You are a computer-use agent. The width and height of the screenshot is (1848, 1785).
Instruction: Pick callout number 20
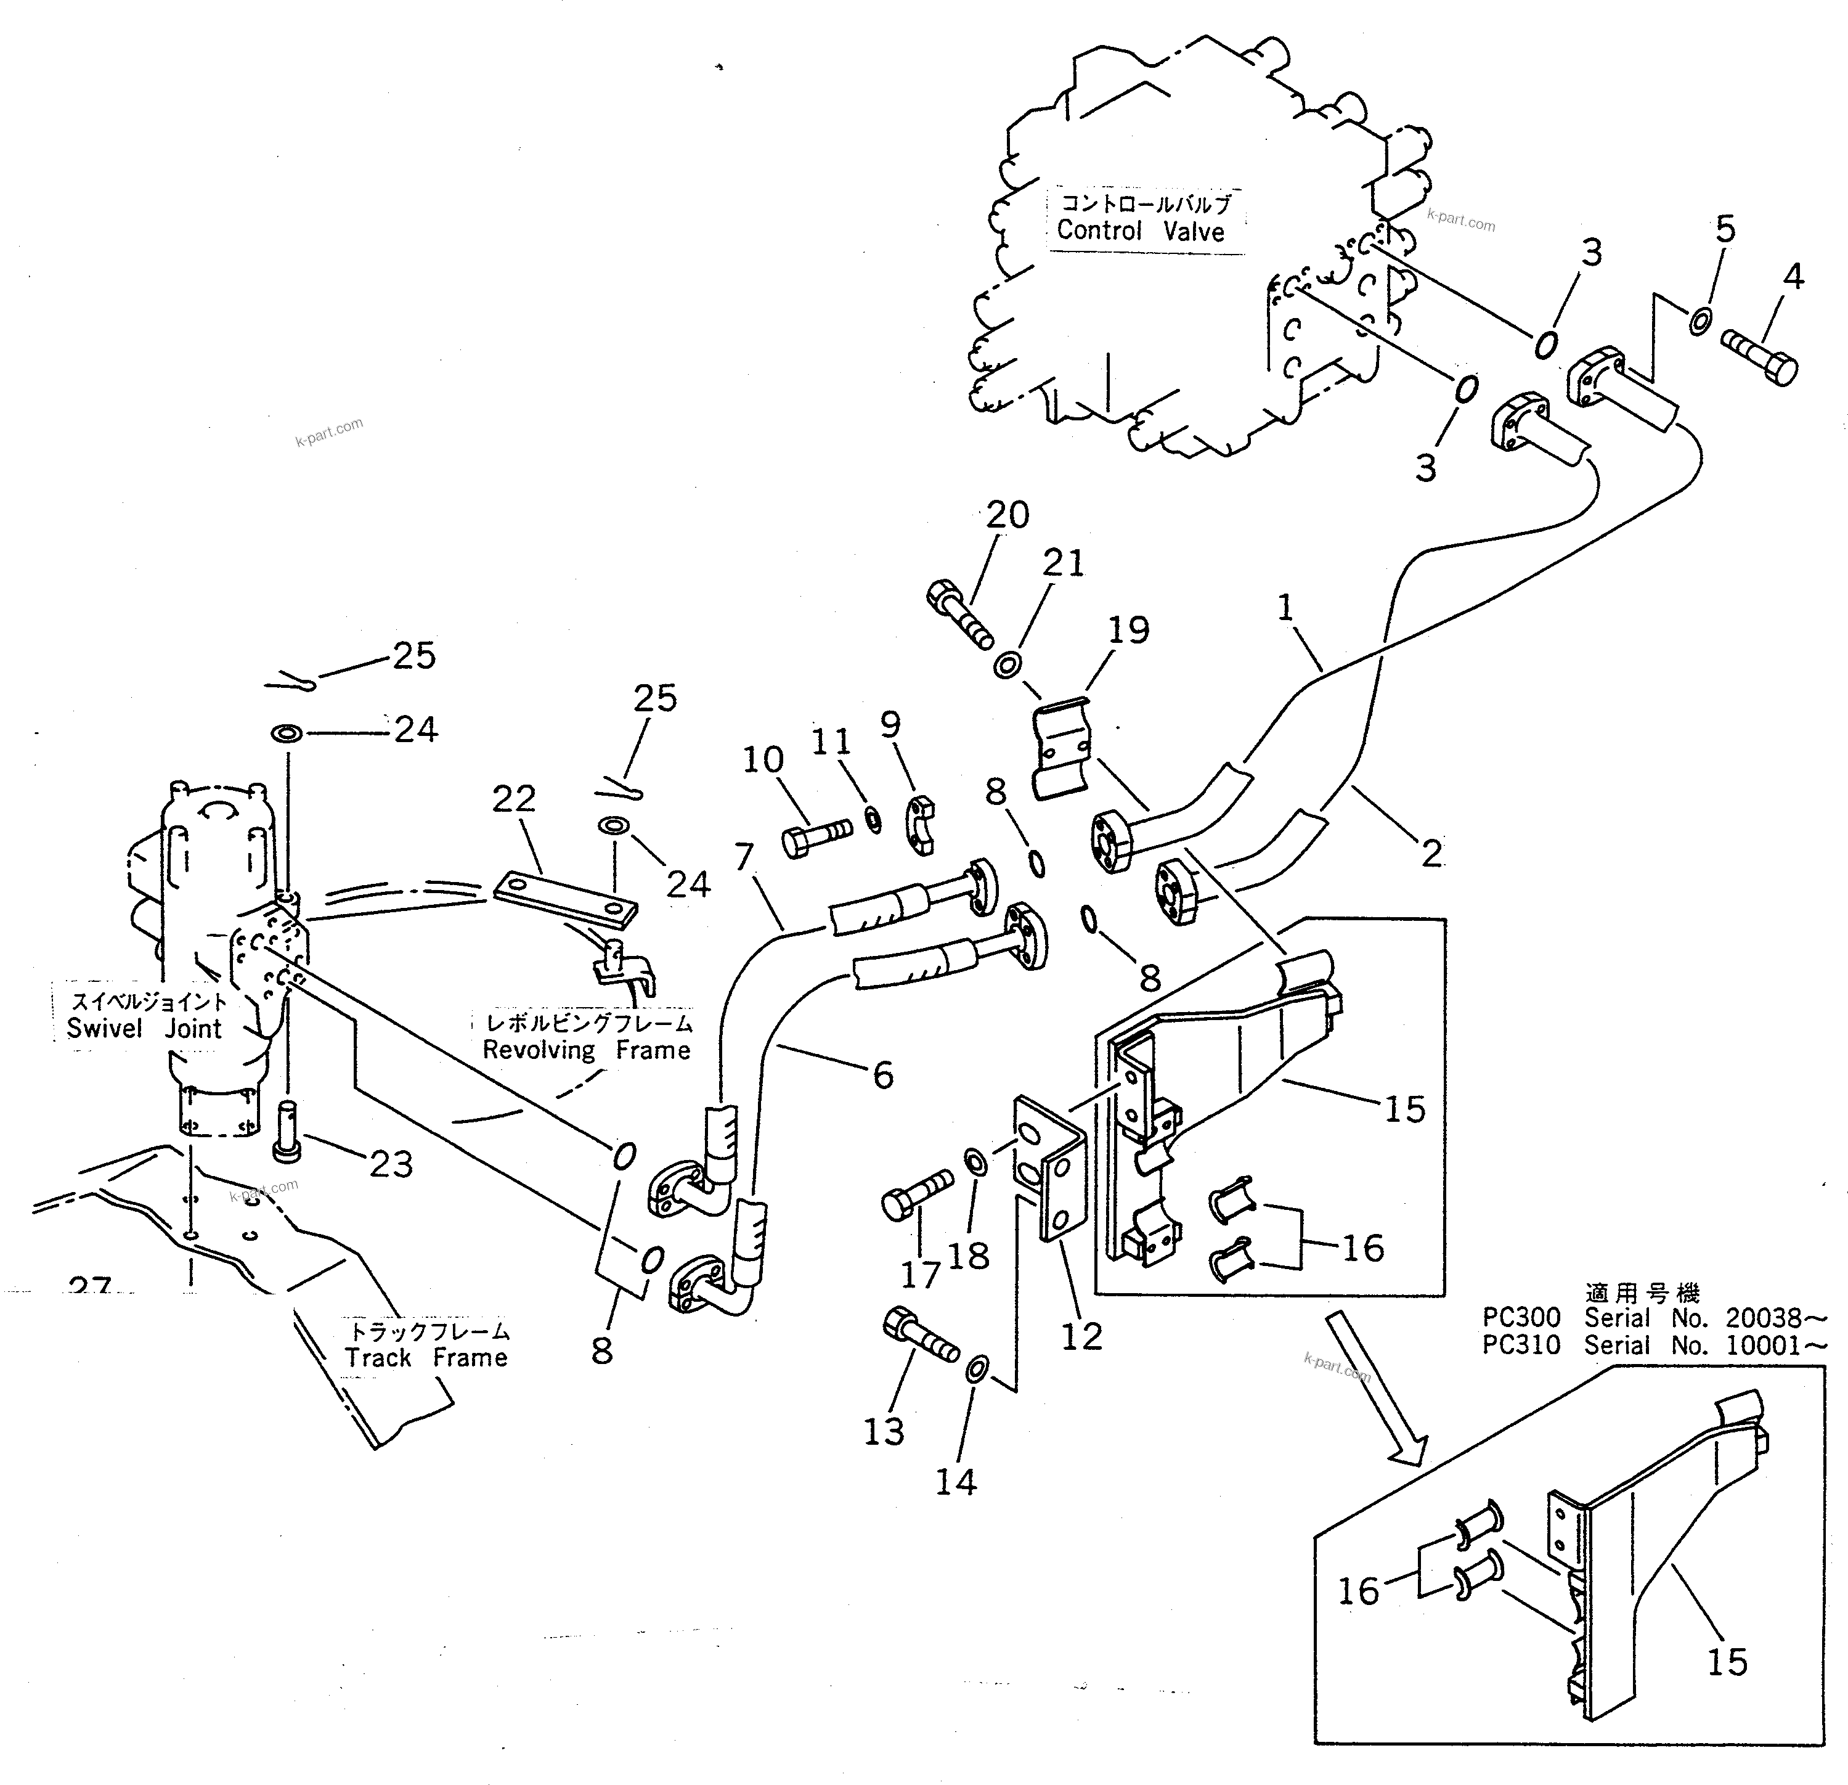point(1007,515)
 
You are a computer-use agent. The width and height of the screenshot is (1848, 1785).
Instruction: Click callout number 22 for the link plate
point(514,799)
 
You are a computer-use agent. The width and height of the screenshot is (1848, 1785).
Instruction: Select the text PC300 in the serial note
point(1521,1317)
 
